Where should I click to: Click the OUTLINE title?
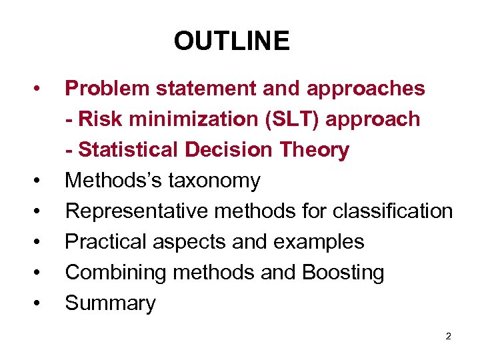pos(231,41)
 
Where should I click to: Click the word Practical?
pos(107,242)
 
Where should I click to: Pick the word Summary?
pos(110,303)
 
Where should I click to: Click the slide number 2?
pos(448,336)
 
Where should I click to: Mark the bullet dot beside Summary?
pos(41,303)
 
